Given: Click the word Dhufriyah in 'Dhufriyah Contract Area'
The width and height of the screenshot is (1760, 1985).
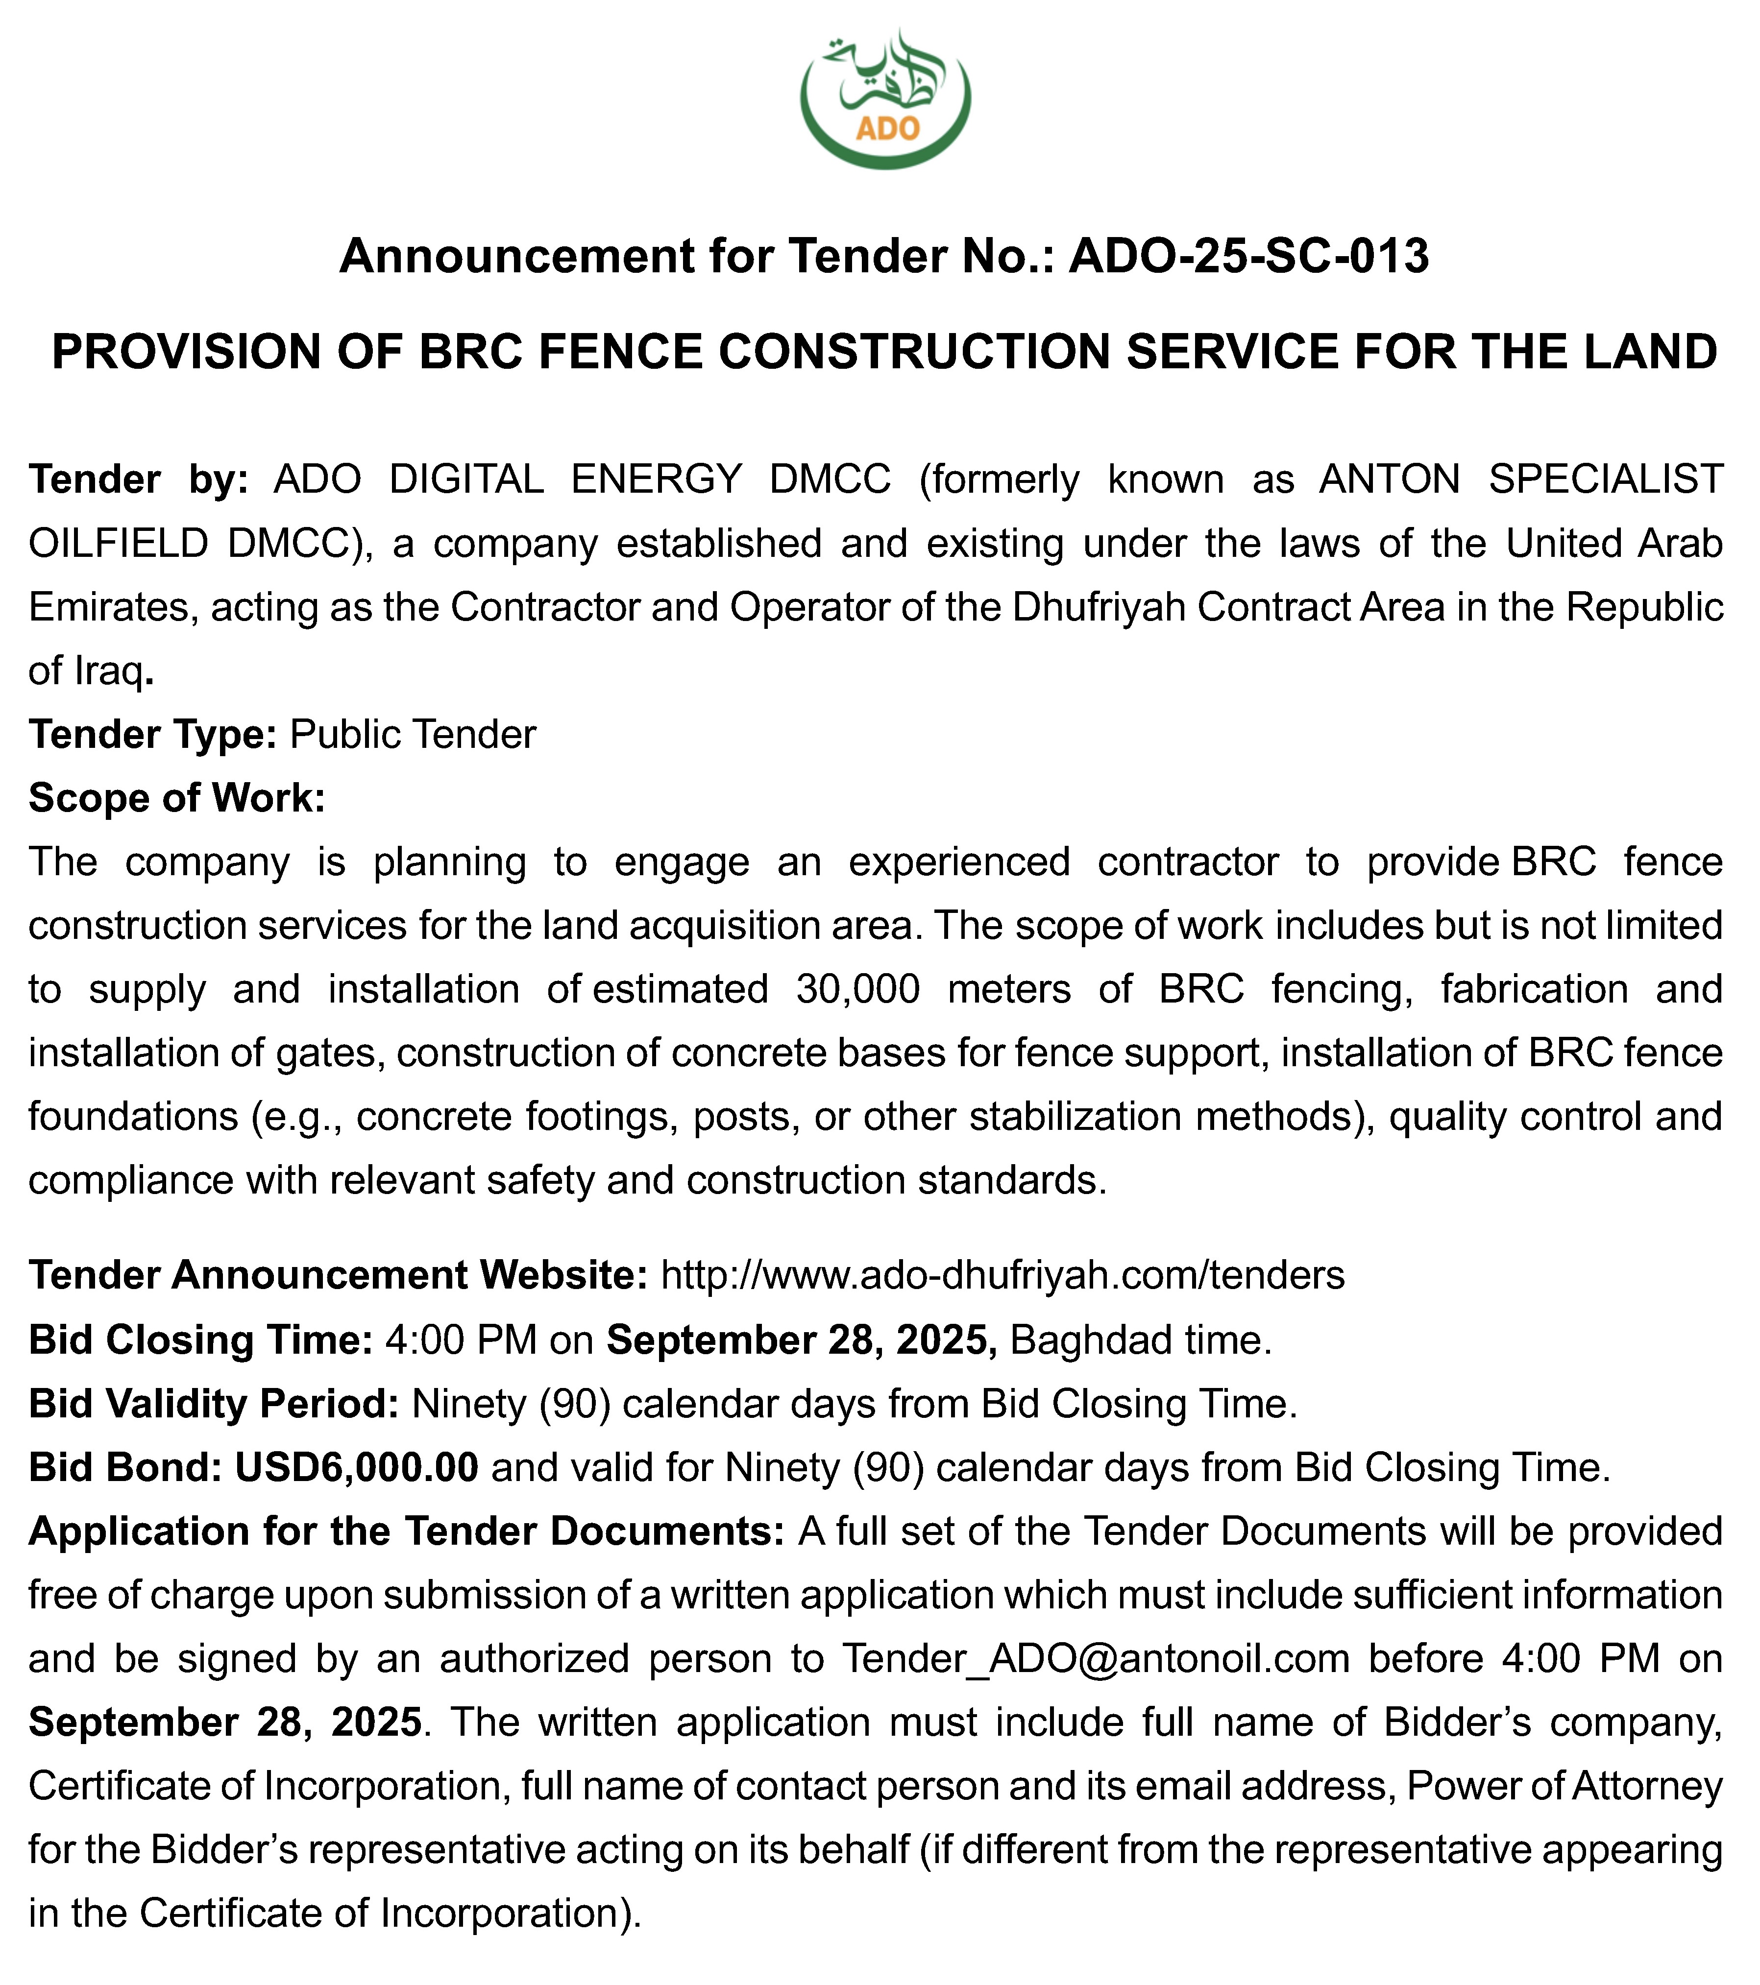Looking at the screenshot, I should [x=1099, y=607].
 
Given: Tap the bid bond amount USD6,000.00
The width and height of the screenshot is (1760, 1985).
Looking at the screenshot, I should [x=357, y=1467].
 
